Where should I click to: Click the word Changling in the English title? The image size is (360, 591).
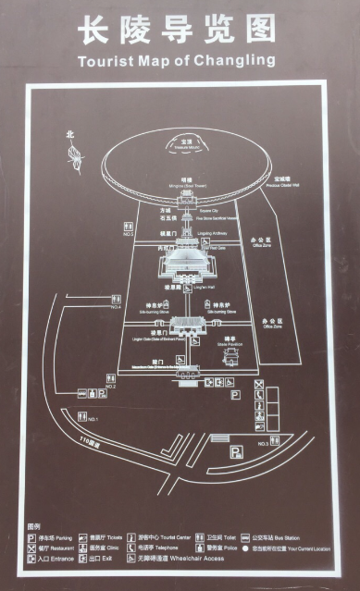(243, 61)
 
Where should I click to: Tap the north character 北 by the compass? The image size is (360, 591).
(68, 134)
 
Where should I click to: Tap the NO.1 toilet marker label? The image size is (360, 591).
(93, 420)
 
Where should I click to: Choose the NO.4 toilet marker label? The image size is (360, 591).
(116, 306)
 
